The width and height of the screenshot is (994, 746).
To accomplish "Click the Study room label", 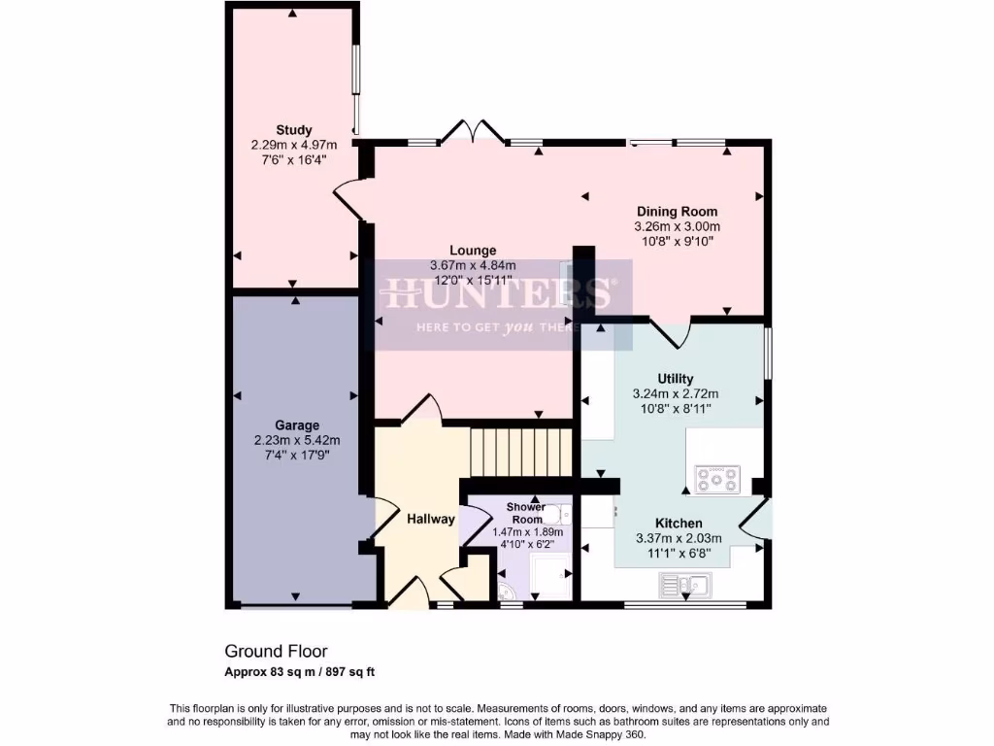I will (x=293, y=130).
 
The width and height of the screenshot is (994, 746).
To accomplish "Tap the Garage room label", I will (x=296, y=425).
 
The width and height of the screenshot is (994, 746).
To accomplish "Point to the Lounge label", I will (x=473, y=251).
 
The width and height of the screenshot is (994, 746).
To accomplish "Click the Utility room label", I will (x=675, y=379).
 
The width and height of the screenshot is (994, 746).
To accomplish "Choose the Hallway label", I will (x=430, y=519).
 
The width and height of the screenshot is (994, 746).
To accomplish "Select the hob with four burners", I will (x=716, y=478).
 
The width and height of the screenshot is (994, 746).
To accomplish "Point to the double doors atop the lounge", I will (x=473, y=132).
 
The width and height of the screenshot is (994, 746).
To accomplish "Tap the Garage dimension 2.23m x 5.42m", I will (x=296, y=440).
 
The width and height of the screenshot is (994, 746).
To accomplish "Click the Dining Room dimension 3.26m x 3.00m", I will (x=677, y=226).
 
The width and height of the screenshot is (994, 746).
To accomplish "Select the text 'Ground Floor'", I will (x=276, y=651).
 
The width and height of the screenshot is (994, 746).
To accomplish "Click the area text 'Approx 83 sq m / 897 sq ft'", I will (x=307, y=671).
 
